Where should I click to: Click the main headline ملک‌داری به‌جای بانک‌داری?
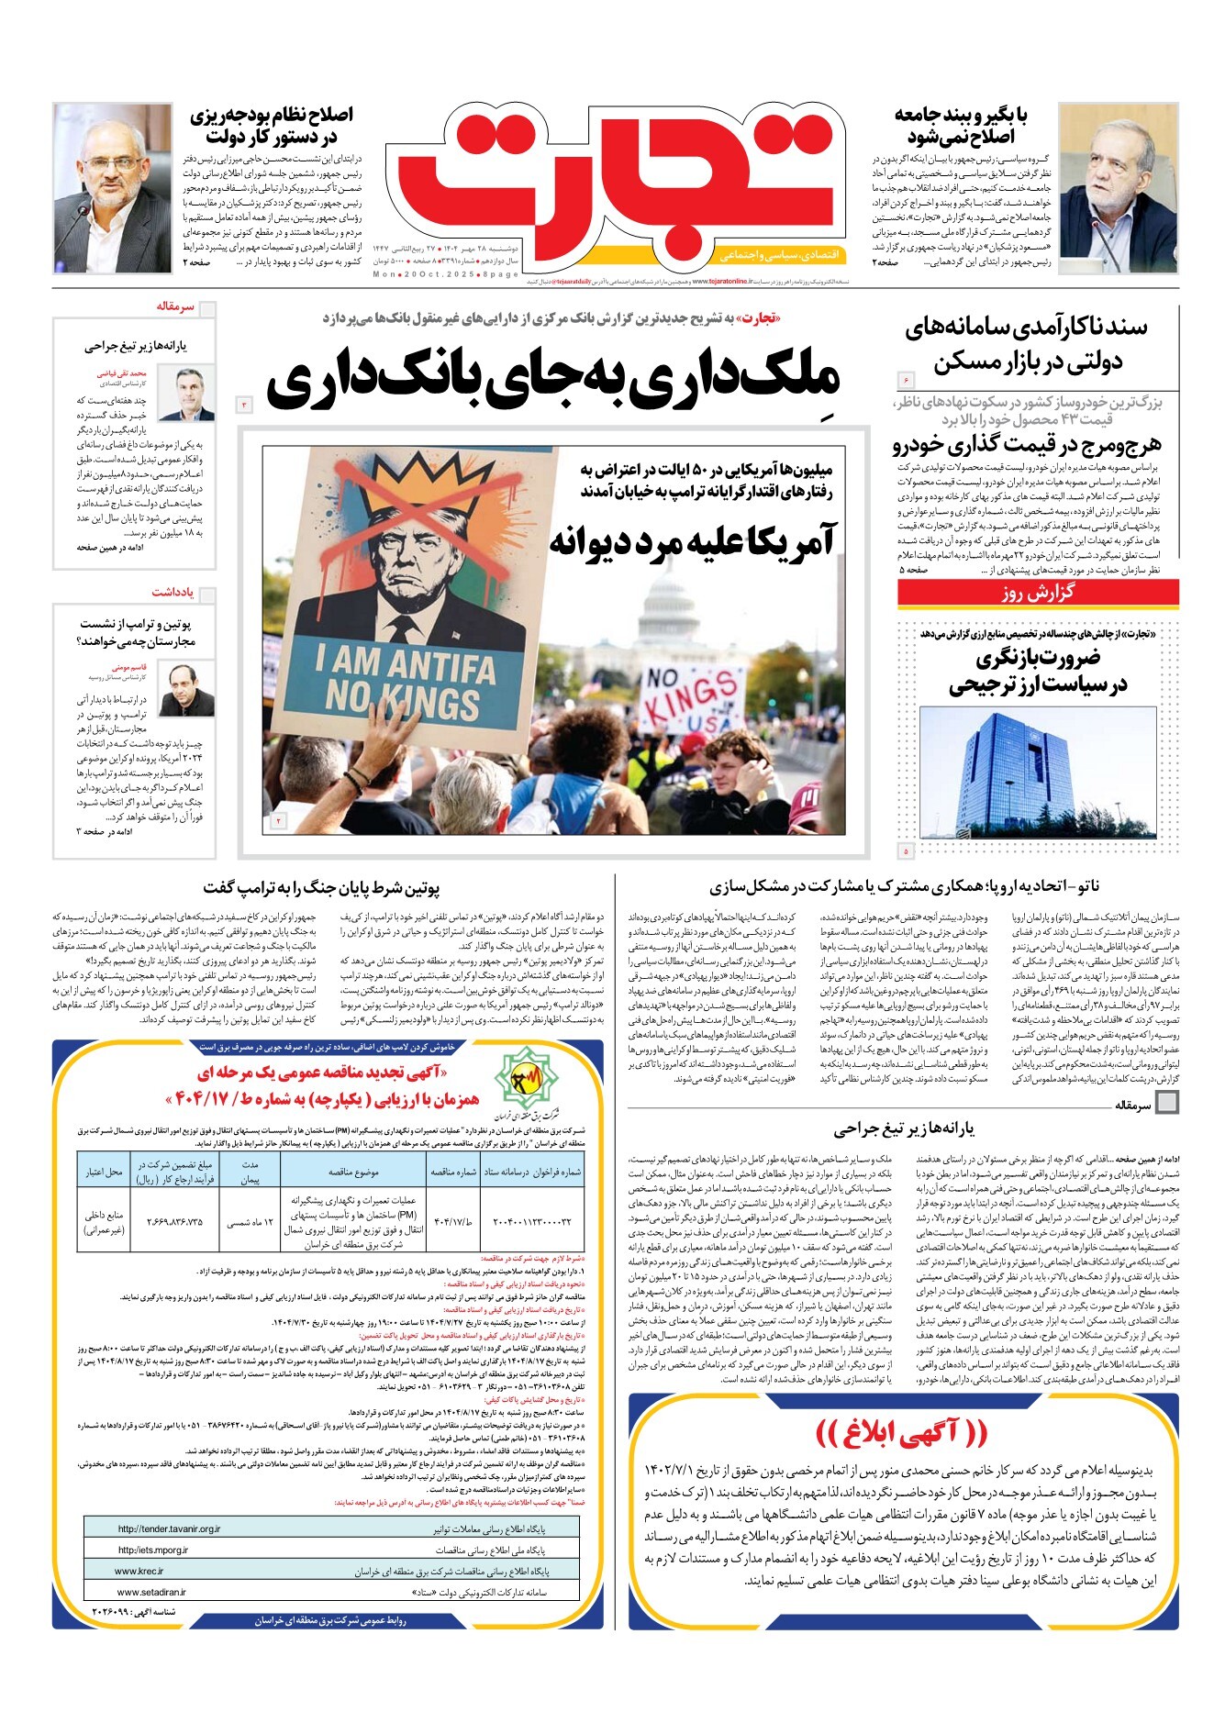pos(553,381)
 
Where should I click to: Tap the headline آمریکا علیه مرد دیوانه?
pos(692,541)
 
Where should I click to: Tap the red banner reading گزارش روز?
pos(1038,593)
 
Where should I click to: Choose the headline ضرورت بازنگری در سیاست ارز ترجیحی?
pos(1038,672)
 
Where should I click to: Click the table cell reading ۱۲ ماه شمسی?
pos(250,1222)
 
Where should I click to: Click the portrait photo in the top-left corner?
pos(113,188)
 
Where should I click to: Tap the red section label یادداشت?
pos(172,593)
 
